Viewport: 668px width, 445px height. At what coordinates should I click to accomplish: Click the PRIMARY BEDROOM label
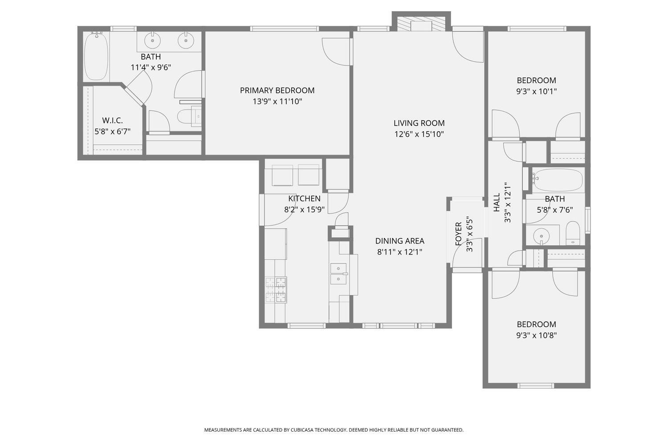point(277,90)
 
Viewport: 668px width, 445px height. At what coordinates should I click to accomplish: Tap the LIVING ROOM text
point(419,123)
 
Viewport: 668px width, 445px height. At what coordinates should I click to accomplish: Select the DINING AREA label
point(399,241)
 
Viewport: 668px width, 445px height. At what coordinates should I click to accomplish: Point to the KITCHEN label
point(304,198)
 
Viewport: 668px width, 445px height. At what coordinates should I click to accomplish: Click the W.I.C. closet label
point(112,121)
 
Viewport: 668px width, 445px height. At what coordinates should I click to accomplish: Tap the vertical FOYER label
point(458,234)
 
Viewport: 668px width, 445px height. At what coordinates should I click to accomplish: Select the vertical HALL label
point(497,202)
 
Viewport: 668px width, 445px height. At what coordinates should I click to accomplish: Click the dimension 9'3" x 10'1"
point(536,92)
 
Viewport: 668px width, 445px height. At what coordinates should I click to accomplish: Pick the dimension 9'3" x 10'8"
point(536,336)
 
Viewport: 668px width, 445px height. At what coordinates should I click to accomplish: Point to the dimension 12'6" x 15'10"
point(419,134)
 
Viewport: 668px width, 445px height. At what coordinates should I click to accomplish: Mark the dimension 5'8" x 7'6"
point(554,210)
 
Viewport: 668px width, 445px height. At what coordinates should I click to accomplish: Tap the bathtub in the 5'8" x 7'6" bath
point(558,180)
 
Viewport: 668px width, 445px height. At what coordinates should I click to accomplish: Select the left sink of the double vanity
point(153,40)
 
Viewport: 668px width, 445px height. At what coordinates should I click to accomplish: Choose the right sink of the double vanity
point(186,40)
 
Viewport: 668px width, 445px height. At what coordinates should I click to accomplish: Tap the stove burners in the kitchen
point(276,290)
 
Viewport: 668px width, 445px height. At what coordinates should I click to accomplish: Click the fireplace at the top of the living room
point(421,24)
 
